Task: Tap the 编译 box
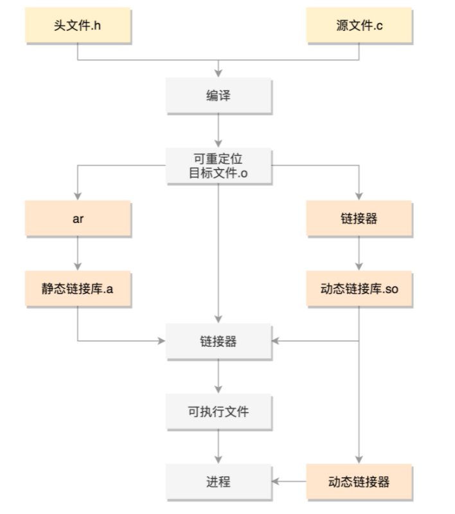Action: point(219,96)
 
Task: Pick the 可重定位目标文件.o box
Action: point(219,165)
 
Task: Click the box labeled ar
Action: point(78,218)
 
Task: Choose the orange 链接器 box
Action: point(359,218)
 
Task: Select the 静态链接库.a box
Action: point(78,288)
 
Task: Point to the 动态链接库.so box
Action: point(359,288)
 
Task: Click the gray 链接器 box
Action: point(219,341)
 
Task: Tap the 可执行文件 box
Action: point(219,411)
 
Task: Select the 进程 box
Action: point(219,481)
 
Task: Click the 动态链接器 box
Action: point(359,481)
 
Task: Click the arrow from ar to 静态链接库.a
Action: point(78,253)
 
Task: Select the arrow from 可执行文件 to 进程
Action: point(219,447)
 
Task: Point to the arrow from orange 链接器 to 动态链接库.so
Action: point(359,253)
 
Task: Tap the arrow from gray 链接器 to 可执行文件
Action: point(219,376)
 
